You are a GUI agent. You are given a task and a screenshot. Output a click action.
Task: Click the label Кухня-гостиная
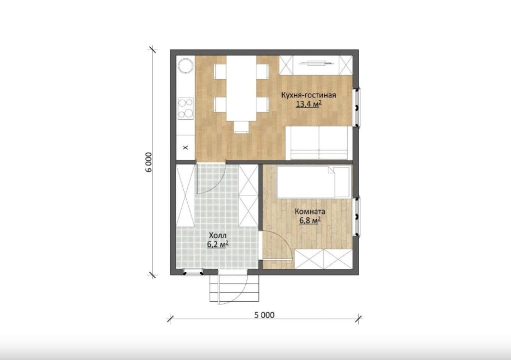coord(308,95)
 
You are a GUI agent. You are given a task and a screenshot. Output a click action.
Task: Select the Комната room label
coord(310,212)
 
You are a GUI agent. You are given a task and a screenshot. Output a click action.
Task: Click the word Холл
coord(218,235)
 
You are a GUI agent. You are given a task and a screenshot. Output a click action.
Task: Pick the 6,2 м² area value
coord(218,244)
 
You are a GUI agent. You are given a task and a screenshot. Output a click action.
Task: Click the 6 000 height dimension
coord(149,163)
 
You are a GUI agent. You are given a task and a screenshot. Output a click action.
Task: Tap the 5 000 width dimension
coord(264,315)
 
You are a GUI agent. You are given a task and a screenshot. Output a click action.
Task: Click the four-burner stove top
coord(186,108)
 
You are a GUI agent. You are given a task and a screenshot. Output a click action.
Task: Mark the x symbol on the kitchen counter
coord(186,148)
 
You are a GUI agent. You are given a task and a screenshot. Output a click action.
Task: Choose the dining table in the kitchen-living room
coord(241,88)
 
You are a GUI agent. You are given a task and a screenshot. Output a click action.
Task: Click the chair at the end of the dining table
coord(241,127)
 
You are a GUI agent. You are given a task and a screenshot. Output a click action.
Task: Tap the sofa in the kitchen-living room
coord(319,143)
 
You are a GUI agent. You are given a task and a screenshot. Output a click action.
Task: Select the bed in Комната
coord(314,182)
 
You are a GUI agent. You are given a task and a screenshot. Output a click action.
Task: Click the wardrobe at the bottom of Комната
coord(323,259)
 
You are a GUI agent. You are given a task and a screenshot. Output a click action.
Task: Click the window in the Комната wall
coord(357,216)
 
